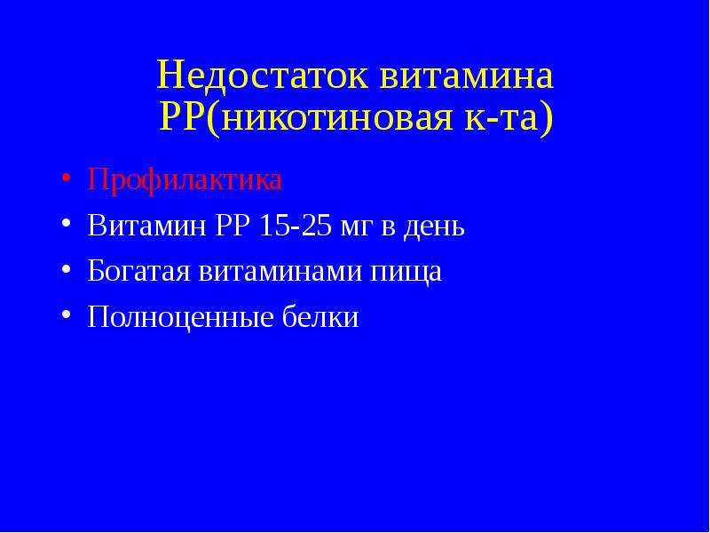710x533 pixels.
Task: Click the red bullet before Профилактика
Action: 66,178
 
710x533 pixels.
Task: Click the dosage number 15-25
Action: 296,225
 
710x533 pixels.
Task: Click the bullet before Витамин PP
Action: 66,223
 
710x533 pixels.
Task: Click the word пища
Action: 406,274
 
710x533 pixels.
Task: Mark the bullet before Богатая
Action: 66,268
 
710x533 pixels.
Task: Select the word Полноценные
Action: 181,317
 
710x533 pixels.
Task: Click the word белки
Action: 320,316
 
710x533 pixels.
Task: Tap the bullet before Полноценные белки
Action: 66,314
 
